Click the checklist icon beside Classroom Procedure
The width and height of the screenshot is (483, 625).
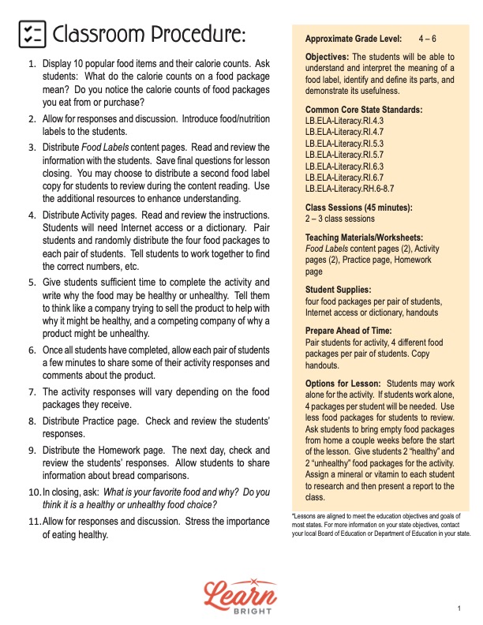(x=31, y=35)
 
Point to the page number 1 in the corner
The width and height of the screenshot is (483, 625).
(x=459, y=607)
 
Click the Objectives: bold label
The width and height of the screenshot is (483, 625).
(x=328, y=57)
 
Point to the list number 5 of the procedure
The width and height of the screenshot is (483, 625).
(x=32, y=282)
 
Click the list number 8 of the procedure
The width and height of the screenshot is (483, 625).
(x=32, y=421)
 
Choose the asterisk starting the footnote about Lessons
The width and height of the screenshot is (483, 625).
(x=294, y=515)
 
